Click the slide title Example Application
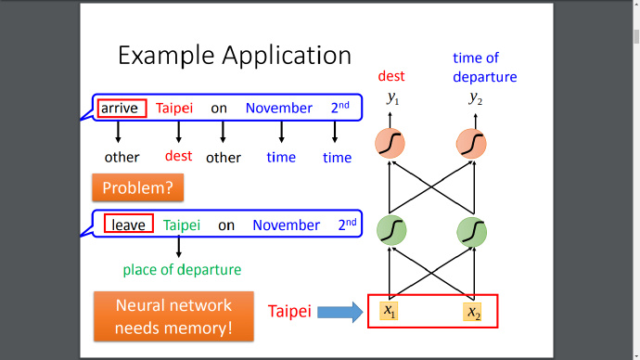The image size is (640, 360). click(235, 56)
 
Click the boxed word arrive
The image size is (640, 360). click(122, 109)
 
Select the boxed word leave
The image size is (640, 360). click(129, 224)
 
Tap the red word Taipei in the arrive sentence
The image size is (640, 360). click(174, 109)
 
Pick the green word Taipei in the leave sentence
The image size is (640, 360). click(182, 225)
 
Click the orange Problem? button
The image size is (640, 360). click(138, 187)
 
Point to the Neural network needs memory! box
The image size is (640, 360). click(173, 316)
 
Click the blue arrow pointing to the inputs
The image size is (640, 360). click(340, 313)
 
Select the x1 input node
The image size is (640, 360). click(389, 311)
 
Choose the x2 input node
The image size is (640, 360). click(472, 313)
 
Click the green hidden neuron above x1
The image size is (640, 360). click(391, 231)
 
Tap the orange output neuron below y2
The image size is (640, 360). click(471, 144)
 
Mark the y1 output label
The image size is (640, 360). click(392, 98)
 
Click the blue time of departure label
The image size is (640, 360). click(484, 68)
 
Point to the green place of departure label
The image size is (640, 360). click(182, 270)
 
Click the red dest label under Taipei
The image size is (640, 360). click(178, 156)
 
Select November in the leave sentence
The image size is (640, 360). click(286, 225)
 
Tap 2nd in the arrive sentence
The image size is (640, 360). click(340, 108)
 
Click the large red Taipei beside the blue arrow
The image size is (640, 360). click(289, 312)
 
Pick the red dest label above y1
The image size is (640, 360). click(391, 76)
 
